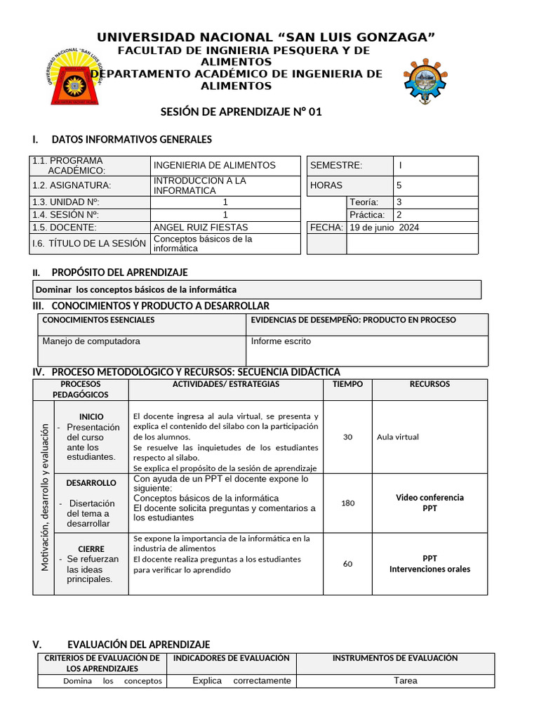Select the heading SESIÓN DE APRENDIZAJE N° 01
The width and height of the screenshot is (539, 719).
click(241, 112)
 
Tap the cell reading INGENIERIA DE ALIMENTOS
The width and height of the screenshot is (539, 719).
click(214, 165)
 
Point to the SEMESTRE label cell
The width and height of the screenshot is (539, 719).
click(336, 166)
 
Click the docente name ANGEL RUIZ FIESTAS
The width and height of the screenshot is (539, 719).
click(200, 227)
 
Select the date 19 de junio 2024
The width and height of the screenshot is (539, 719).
click(384, 227)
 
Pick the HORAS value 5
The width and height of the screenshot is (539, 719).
click(399, 185)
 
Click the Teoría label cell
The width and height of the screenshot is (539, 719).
click(364, 202)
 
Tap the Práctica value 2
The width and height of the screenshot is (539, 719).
click(399, 215)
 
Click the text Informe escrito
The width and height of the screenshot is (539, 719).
click(281, 341)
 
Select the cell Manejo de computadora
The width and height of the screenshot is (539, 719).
click(91, 341)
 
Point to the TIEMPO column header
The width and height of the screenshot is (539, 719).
click(347, 384)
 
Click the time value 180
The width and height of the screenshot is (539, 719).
click(347, 503)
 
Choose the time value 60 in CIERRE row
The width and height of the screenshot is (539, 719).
click(347, 564)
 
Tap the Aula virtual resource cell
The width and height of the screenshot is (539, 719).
click(397, 437)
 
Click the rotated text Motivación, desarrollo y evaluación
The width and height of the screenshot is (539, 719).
click(44, 497)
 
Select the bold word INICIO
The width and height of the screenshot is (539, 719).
click(91, 416)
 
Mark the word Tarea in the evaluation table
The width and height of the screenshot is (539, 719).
click(405, 680)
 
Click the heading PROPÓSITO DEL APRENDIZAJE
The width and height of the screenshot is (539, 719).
click(119, 272)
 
